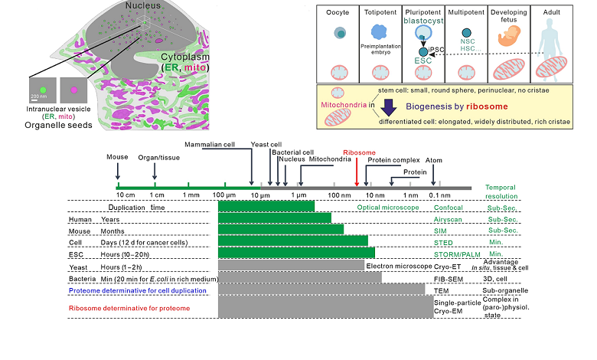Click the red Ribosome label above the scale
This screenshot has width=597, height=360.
[x=359, y=152]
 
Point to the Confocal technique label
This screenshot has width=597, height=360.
[x=448, y=208]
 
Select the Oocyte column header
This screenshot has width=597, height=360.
[x=338, y=14]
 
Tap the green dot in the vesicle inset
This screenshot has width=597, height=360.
[x=43, y=90]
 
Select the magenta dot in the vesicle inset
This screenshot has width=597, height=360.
[x=74, y=90]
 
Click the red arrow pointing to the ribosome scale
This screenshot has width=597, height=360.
[x=357, y=170]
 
